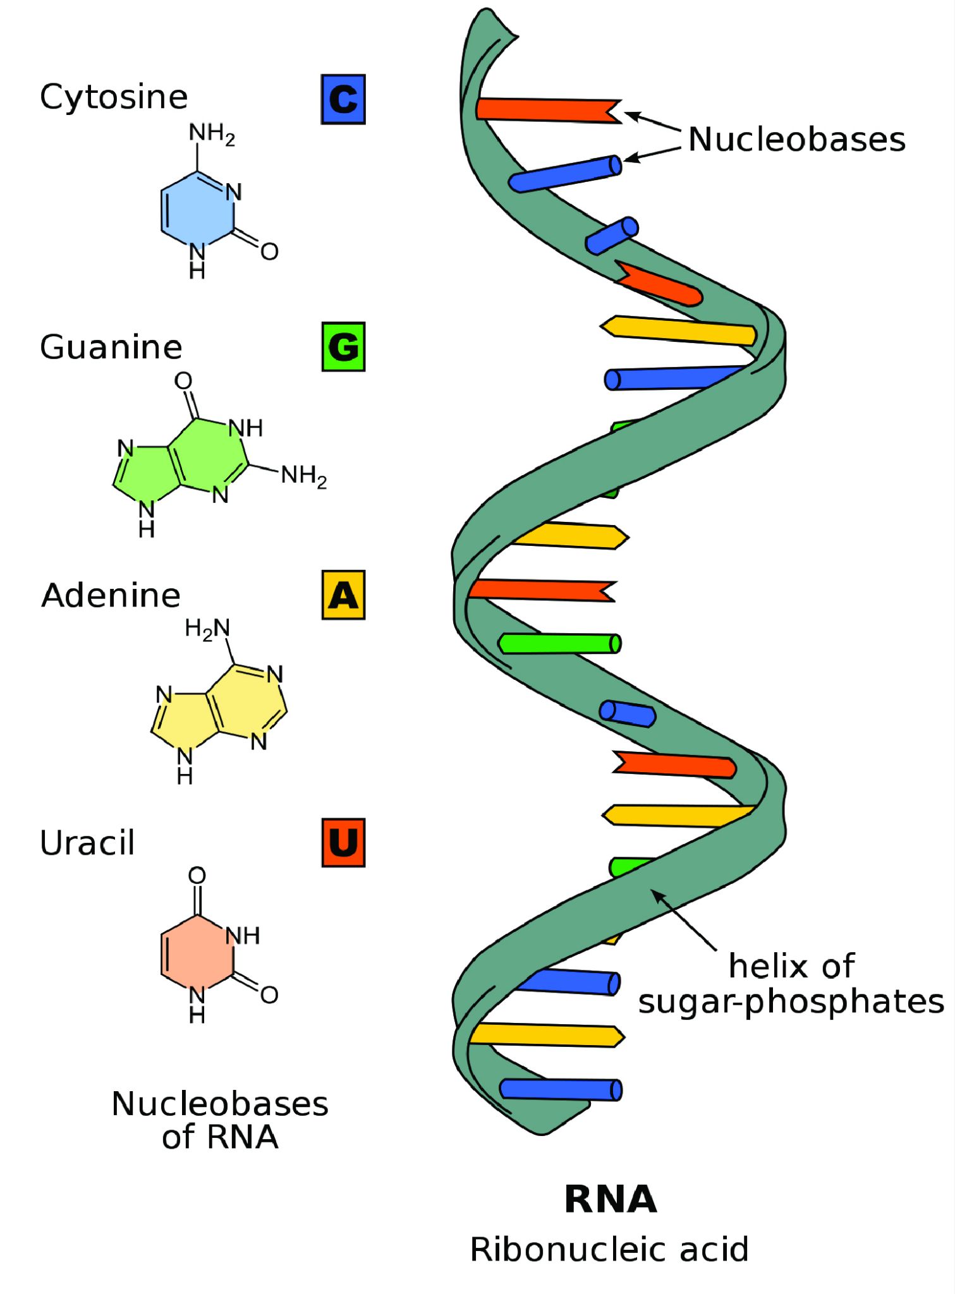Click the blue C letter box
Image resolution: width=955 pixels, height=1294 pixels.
click(343, 99)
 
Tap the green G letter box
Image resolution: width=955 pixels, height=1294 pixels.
click(343, 347)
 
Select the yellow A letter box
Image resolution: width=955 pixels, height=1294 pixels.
click(343, 595)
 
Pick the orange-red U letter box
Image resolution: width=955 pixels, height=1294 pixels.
click(343, 843)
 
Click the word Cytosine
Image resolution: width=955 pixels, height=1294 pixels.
click(114, 97)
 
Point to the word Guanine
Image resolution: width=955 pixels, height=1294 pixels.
click(111, 347)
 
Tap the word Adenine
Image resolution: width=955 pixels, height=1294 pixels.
click(111, 595)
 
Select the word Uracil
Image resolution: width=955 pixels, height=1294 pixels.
click(87, 843)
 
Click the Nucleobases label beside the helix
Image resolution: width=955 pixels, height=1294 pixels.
click(796, 139)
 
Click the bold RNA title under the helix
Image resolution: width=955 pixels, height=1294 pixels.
click(611, 1199)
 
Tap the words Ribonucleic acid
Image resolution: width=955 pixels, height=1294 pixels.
click(609, 1249)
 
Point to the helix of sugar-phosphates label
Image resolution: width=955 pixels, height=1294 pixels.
click(791, 984)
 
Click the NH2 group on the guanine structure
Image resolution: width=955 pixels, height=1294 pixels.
click(303, 475)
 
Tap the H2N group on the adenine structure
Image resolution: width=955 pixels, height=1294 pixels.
click(207, 629)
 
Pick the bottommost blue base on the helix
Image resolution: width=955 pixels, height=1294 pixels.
click(560, 1090)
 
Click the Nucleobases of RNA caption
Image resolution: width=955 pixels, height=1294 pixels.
click(220, 1120)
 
